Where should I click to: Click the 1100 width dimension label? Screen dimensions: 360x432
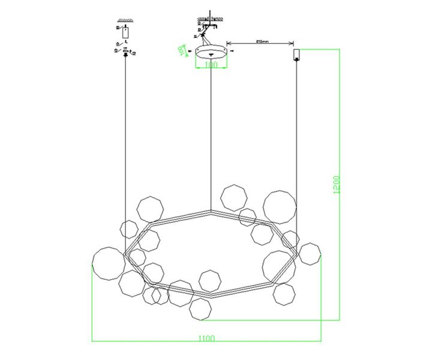pyautogui.click(x=206, y=338)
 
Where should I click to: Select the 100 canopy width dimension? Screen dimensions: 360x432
pyautogui.click(x=211, y=65)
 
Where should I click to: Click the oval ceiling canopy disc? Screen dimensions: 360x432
pyautogui.click(x=211, y=51)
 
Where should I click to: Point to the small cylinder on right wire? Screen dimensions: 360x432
pyautogui.click(x=296, y=55)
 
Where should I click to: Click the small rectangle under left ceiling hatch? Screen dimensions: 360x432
pyautogui.click(x=125, y=32)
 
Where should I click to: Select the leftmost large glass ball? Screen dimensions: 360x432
pyautogui.click(x=109, y=263)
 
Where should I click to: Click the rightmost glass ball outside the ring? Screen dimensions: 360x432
pyautogui.click(x=310, y=254)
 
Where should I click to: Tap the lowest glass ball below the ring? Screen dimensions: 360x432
pyautogui.click(x=200, y=310)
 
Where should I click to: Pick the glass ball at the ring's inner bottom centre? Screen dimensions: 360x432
pyautogui.click(x=210, y=280)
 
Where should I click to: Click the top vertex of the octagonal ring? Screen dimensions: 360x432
pyautogui.click(x=211, y=211)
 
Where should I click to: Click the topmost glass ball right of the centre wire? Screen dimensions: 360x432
pyautogui.click(x=233, y=197)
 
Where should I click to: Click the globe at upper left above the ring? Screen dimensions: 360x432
pyautogui.click(x=150, y=209)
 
